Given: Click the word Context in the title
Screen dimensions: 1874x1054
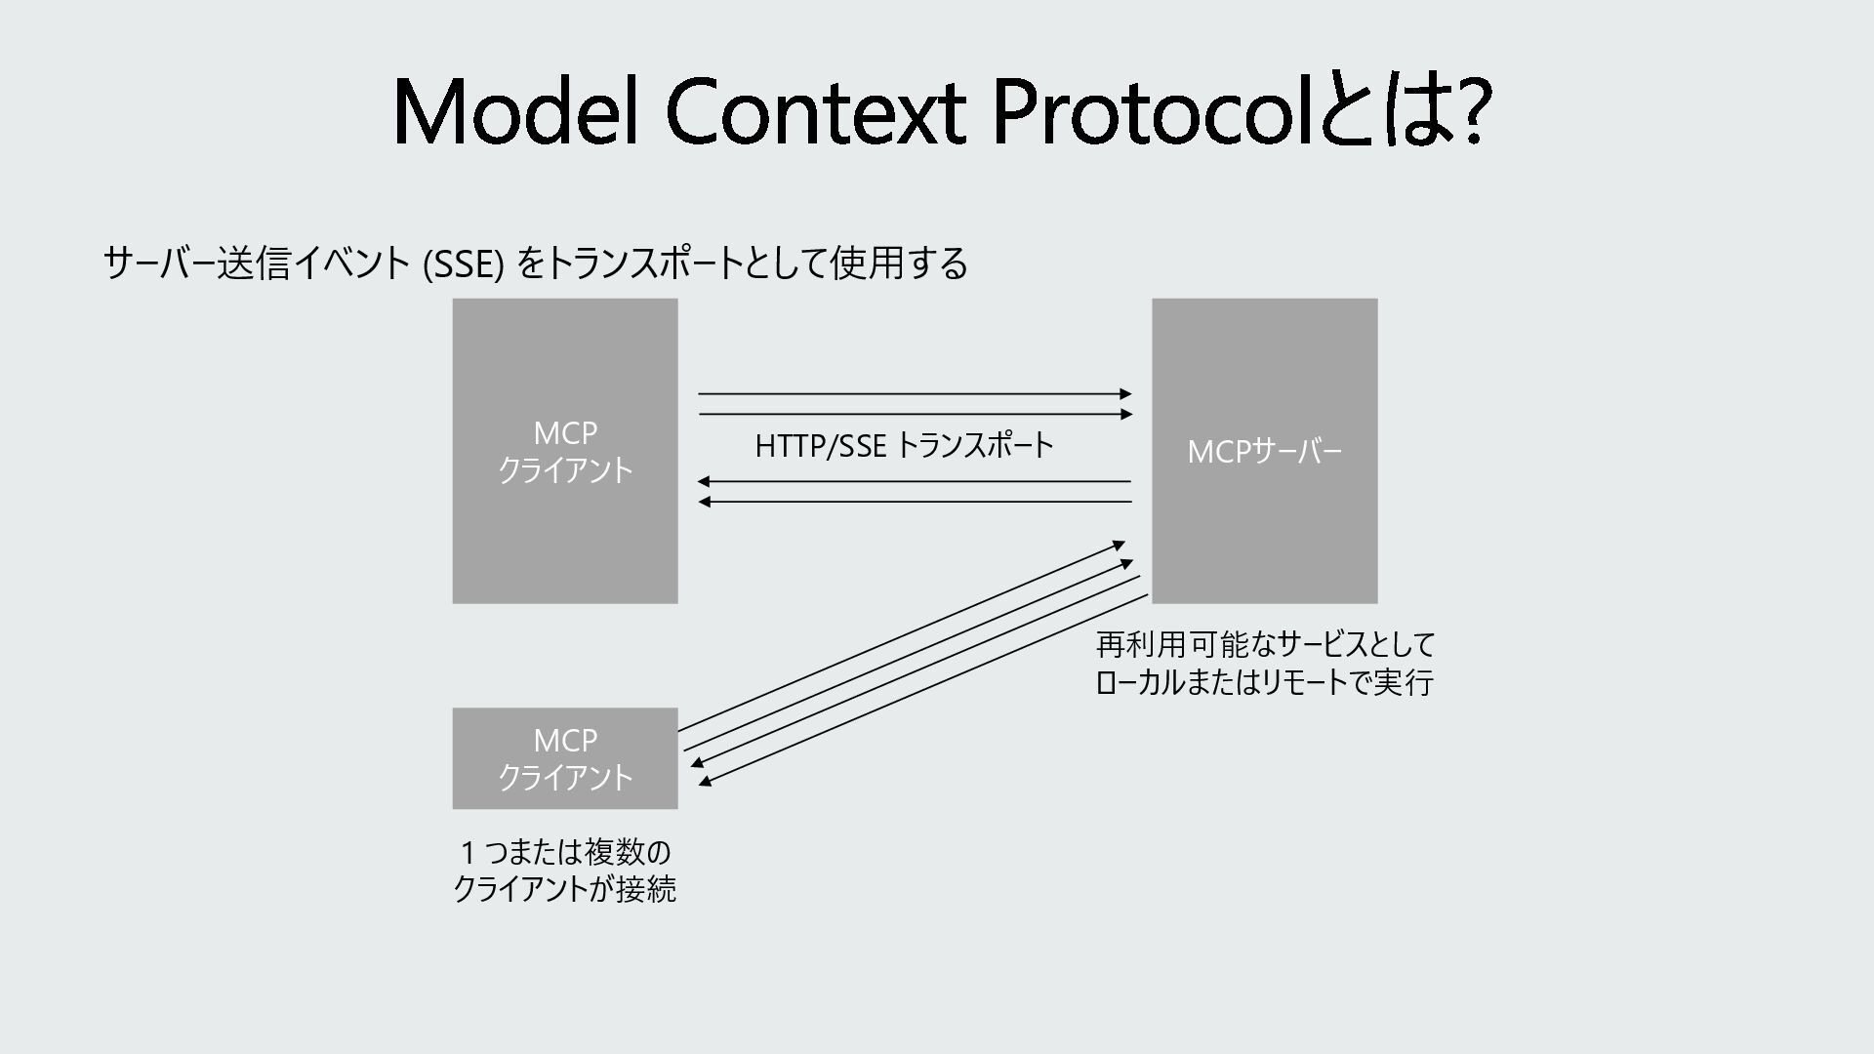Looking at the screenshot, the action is click(816, 112).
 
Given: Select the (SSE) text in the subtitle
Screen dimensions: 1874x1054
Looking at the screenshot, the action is click(464, 264).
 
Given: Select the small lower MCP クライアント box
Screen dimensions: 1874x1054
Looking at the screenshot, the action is click(565, 758).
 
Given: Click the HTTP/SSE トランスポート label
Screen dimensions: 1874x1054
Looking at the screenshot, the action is click(904, 446).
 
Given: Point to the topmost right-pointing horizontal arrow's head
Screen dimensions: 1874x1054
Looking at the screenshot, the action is click(1126, 394).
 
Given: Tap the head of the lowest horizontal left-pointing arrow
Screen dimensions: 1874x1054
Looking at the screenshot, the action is click(705, 502).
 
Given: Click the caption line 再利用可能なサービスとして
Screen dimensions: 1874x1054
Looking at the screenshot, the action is click(1265, 645).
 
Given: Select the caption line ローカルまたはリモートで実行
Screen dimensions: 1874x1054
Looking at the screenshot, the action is click(1265, 682).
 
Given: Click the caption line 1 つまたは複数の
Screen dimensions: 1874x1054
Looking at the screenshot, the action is click(565, 852).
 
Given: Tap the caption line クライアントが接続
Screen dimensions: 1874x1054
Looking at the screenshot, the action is click(565, 889).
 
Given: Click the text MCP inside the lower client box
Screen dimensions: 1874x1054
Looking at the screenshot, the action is click(565, 741).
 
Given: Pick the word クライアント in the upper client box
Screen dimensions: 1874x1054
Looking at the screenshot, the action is click(565, 470).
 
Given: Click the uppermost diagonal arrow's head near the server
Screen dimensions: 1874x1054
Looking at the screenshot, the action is click(1120, 545).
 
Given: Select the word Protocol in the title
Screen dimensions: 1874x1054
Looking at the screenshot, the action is click(1154, 112).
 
